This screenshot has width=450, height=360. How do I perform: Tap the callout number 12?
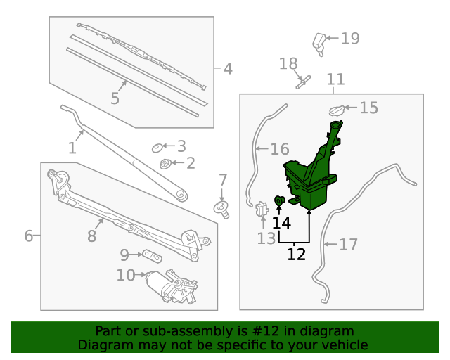[x=297, y=254]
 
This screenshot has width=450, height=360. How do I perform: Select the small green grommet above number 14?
[x=279, y=200]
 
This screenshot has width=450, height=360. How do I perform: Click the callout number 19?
[x=350, y=38]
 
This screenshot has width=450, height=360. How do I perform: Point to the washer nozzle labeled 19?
[x=319, y=44]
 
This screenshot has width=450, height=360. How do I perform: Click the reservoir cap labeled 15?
[x=337, y=110]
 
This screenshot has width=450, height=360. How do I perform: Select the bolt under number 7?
[x=222, y=210]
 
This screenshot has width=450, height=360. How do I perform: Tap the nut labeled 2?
[x=165, y=164]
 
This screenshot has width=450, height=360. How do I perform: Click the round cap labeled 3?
[x=157, y=148]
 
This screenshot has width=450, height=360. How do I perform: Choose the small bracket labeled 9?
[x=153, y=255]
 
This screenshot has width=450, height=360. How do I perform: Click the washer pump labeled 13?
[x=262, y=209]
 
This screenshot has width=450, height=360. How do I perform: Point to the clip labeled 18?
[x=303, y=82]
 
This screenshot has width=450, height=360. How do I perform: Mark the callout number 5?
[x=115, y=98]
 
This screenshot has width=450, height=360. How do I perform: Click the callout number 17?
[x=349, y=245]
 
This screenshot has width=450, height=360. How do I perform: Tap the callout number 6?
[x=28, y=236]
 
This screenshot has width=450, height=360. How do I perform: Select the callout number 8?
[x=91, y=236]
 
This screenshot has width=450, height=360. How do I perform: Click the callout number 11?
[x=336, y=79]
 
